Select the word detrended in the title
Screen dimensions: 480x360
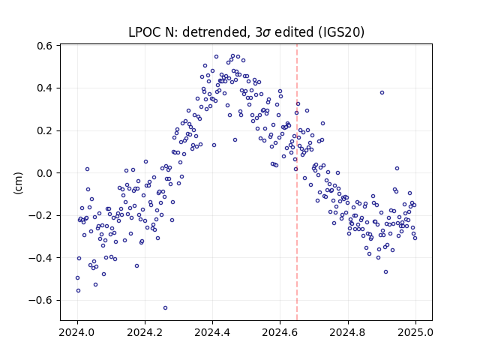215,32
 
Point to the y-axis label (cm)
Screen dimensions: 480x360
18,183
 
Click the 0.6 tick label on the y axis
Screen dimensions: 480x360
44,46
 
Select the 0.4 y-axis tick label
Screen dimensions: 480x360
44,88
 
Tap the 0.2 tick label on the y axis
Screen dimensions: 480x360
44,130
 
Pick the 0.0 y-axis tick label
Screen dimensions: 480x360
44,173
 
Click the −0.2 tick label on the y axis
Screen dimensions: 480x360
40,215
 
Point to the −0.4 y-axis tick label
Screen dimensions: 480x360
40,258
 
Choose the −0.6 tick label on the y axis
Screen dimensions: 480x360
40,300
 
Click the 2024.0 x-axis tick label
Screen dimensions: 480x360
77,332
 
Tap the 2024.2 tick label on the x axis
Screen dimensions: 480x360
145,332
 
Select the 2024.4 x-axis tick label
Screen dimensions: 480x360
212,332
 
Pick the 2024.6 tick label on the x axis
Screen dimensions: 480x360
280,332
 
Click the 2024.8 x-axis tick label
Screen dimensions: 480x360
348,332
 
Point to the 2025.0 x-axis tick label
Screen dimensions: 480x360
415,332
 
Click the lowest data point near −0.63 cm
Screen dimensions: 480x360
165,308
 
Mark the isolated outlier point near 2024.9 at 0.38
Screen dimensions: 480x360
382,92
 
